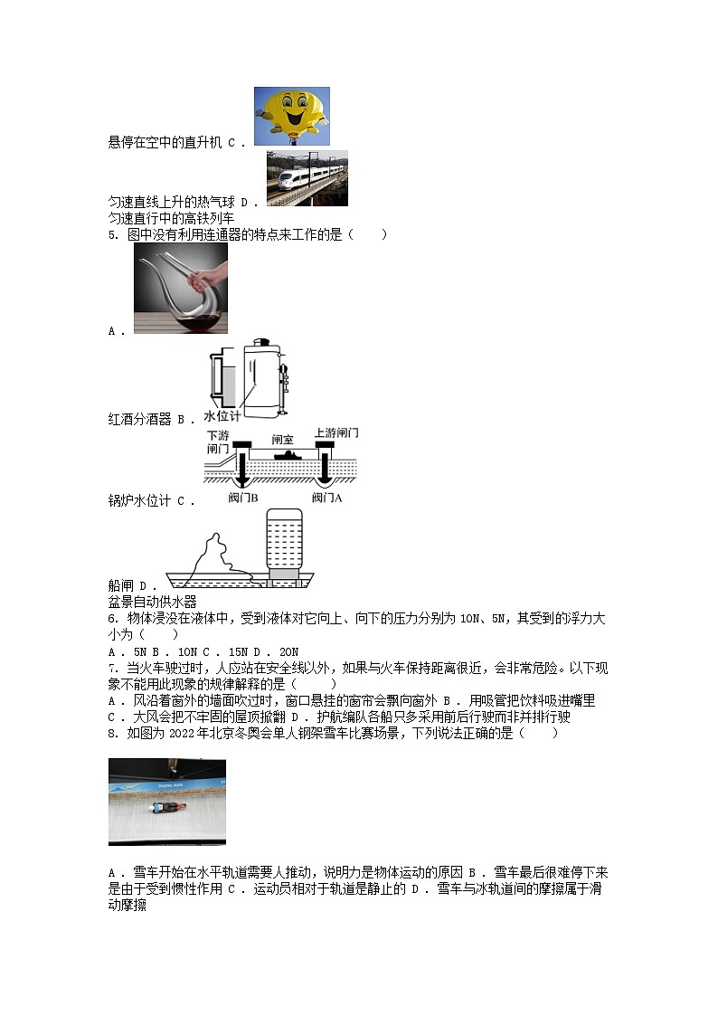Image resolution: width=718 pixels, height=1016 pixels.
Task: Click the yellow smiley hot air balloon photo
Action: (x=291, y=116)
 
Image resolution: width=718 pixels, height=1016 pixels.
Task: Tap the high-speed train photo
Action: (x=307, y=178)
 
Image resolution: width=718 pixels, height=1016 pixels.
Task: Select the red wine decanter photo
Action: (x=181, y=288)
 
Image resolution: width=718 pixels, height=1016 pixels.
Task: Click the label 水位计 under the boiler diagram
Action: (x=222, y=416)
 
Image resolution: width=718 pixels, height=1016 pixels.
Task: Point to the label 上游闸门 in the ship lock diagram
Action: (x=335, y=432)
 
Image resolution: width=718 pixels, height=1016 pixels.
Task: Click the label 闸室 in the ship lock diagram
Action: (x=283, y=439)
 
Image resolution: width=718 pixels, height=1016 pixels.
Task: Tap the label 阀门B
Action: (x=243, y=498)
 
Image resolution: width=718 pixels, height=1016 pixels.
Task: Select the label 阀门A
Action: (x=326, y=498)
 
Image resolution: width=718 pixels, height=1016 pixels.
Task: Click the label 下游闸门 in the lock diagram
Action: (x=218, y=442)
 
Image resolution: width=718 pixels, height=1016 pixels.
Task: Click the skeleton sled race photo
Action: (x=167, y=802)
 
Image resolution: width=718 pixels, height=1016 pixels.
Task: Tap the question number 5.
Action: (x=112, y=235)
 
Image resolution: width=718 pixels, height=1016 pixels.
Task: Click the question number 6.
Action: (x=112, y=619)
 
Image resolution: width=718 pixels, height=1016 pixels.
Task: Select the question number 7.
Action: (x=112, y=668)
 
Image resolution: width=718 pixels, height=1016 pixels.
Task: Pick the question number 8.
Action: (x=112, y=733)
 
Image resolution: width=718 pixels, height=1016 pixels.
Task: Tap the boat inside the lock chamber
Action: (x=284, y=453)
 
